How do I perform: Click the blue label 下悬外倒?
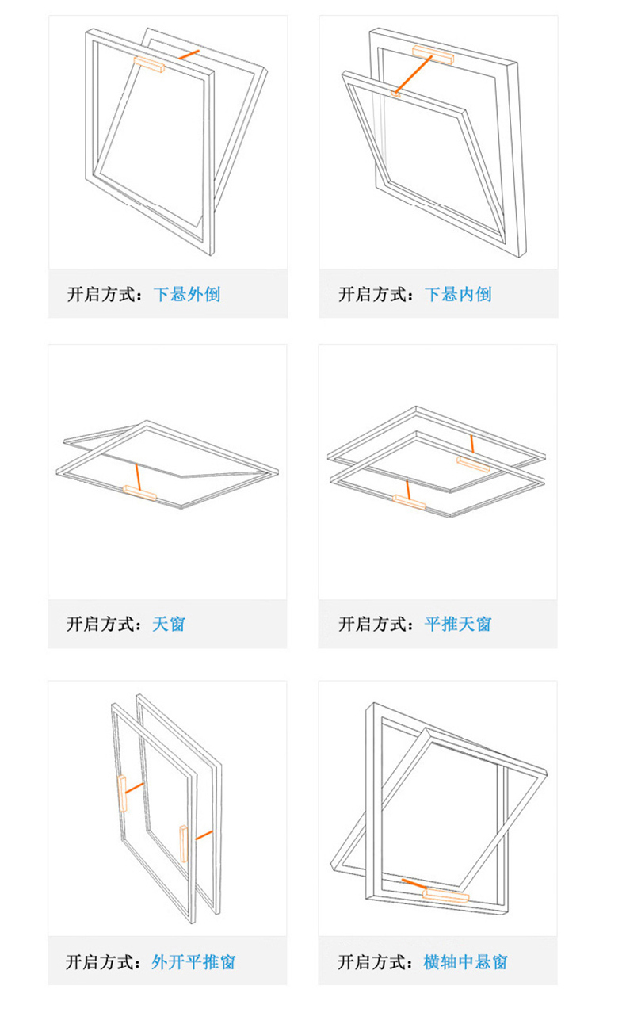[187, 294]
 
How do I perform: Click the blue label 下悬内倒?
[458, 294]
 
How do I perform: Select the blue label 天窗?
[169, 624]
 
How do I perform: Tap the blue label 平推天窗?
[458, 624]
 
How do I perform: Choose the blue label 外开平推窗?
[194, 962]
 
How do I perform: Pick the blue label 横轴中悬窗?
[466, 962]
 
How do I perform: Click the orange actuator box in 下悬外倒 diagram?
[149, 65]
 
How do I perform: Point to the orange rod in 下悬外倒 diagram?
[189, 55]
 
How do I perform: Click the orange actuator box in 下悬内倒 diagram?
[433, 55]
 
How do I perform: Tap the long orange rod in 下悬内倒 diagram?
[414, 74]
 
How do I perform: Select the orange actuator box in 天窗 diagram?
[139, 493]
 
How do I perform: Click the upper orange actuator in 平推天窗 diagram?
[473, 464]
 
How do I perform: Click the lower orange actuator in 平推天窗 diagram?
[409, 502]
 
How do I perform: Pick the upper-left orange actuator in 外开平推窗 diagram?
[122, 793]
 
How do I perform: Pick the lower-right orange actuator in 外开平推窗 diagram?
[184, 844]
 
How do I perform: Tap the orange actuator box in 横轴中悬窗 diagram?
[445, 896]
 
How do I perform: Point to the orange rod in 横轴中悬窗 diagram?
[414, 884]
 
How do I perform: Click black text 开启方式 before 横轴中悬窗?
[372, 962]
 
